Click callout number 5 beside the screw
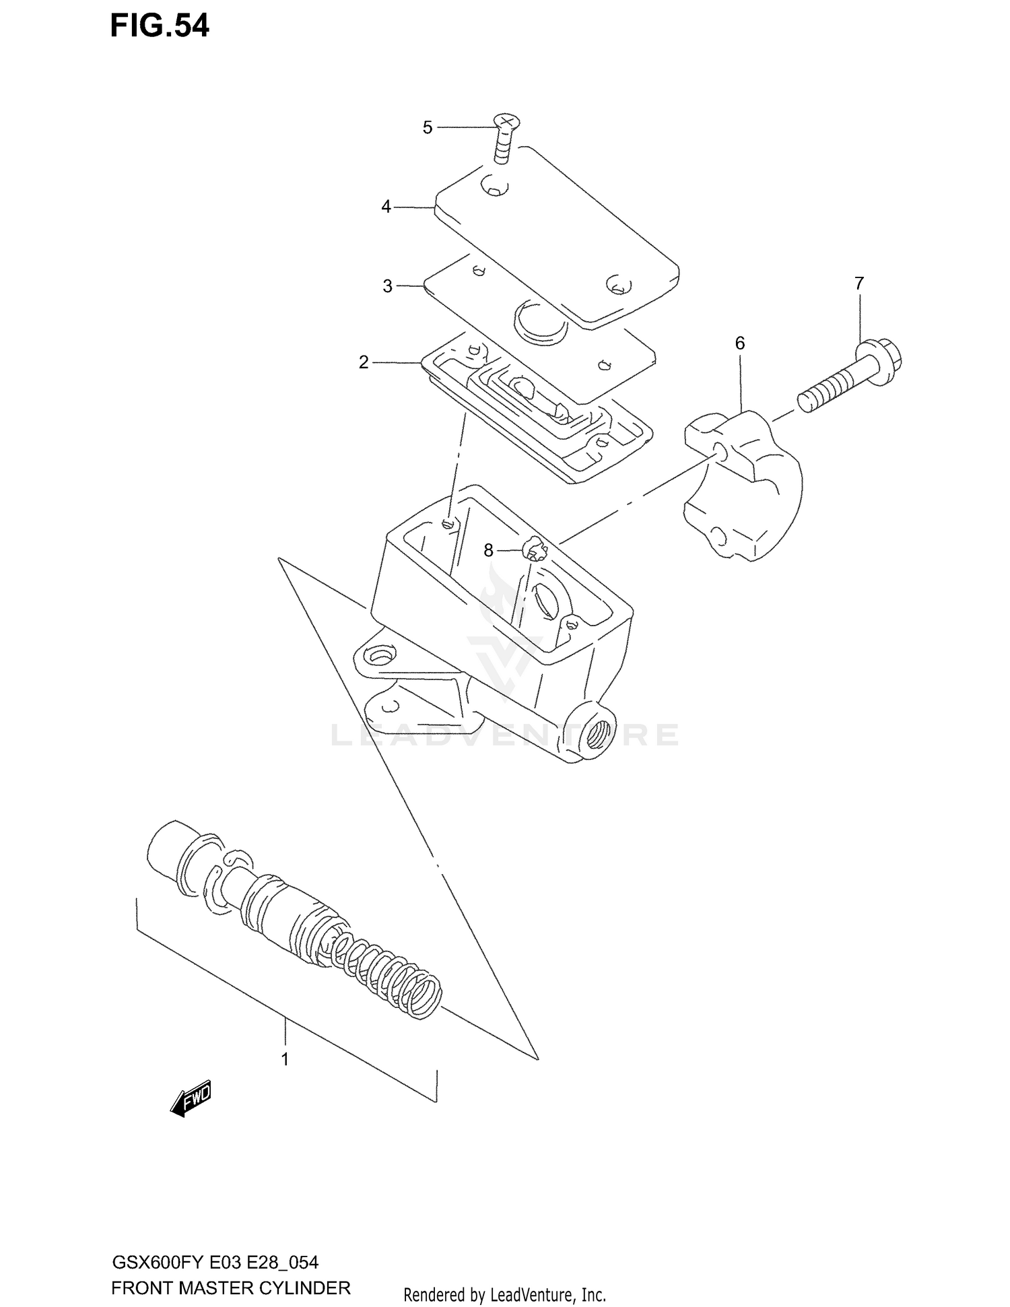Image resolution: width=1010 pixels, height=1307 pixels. pos(428,127)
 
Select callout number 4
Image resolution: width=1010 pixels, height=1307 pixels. pos(386,207)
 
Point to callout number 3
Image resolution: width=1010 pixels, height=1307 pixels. pos(388,286)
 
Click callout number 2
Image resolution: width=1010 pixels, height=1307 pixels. pos(364,363)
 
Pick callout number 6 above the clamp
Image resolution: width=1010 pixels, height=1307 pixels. pos(740,343)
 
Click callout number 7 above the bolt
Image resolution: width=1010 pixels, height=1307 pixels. pos(859,283)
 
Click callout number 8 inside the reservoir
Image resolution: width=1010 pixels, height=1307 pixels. pos(489,551)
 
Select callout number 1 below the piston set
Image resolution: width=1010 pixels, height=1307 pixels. pos(285,1059)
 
